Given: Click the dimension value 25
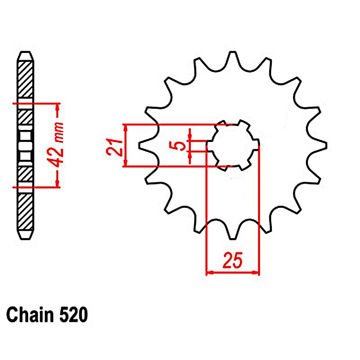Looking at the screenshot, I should [x=232, y=260].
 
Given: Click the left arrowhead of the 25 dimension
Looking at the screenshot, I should [x=209, y=272].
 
